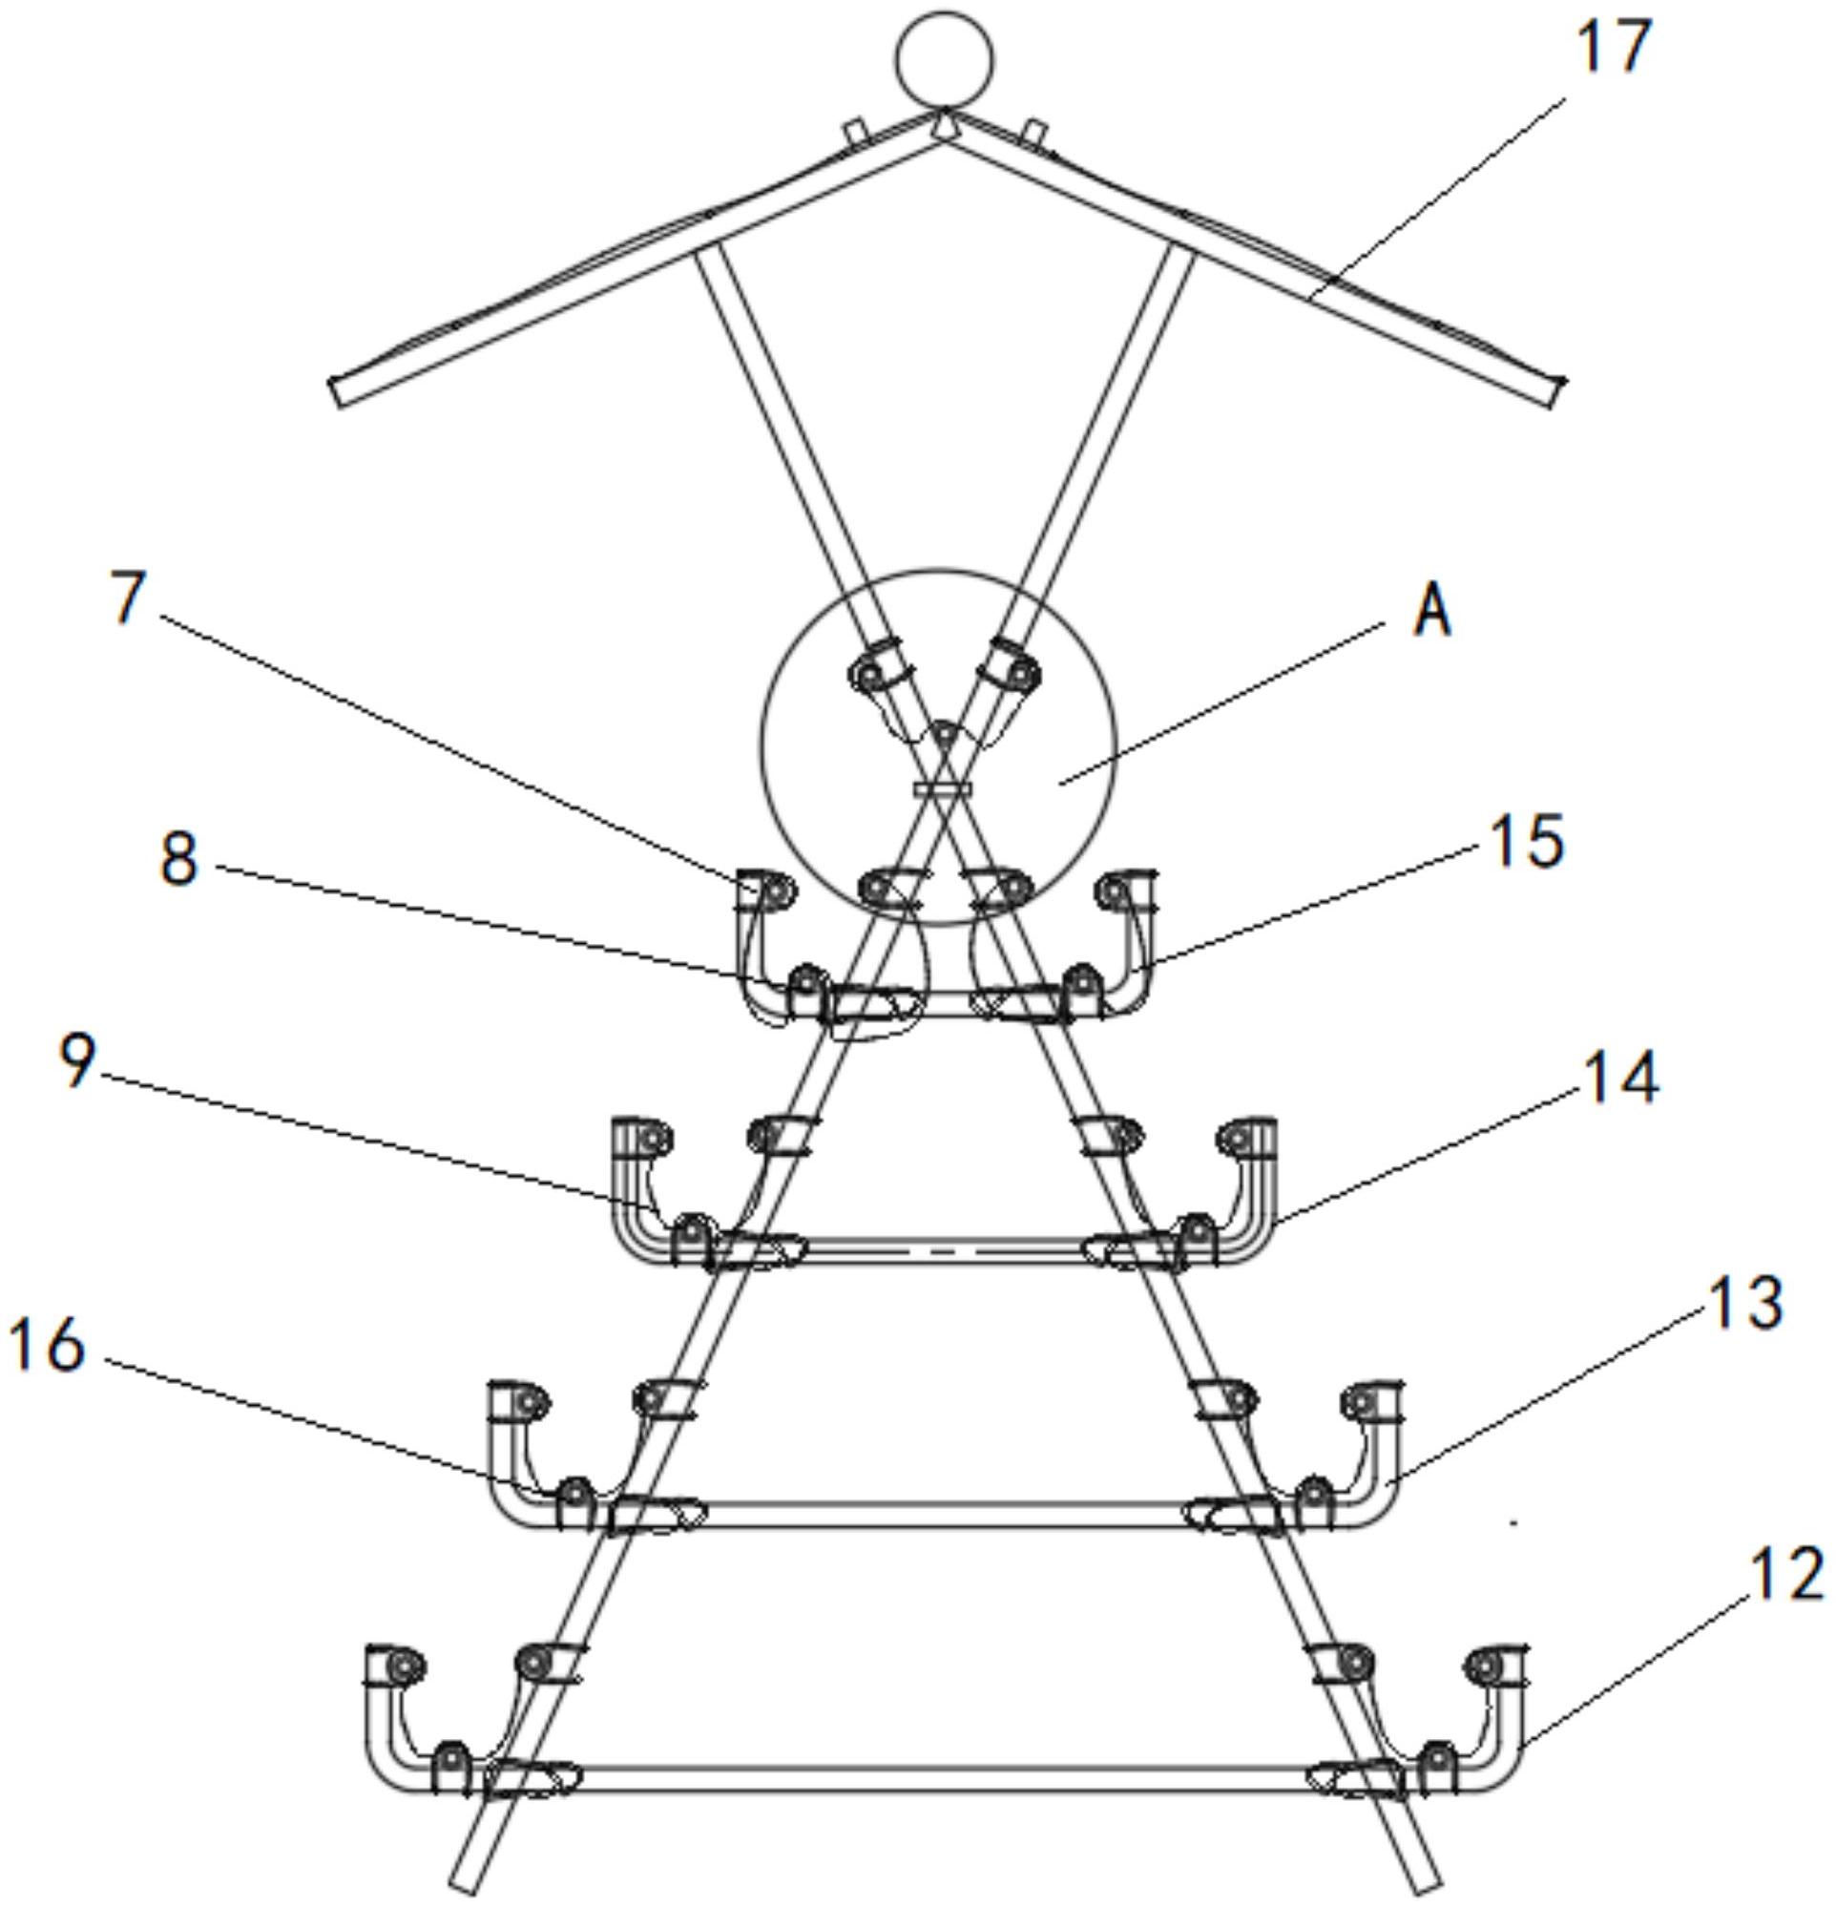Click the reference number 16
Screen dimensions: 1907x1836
point(46,1347)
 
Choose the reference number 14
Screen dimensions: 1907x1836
point(1620,1077)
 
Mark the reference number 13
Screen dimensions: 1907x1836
point(1745,1302)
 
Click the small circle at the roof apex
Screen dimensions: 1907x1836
point(945,59)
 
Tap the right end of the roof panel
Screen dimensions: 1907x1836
point(1554,392)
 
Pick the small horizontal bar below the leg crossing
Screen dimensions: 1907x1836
point(944,786)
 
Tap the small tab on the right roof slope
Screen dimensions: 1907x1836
point(1036,130)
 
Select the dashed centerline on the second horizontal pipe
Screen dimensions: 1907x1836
point(944,1248)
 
